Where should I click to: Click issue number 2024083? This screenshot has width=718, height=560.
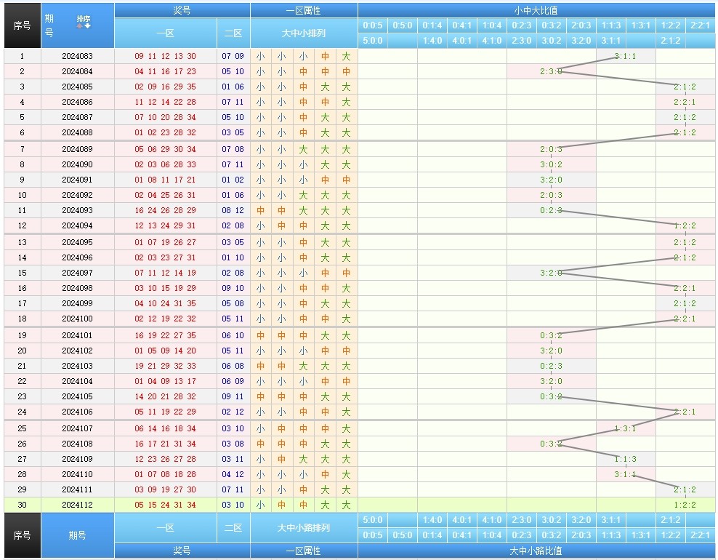coord(77,56)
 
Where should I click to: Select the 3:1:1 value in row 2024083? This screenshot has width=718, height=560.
coord(625,56)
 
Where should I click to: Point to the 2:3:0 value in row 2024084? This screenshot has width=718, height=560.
coord(551,71)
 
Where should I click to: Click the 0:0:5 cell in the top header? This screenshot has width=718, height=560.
coord(373,25)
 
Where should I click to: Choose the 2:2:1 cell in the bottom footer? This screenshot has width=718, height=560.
coord(700,535)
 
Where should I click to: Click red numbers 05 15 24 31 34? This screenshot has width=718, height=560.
coord(165,505)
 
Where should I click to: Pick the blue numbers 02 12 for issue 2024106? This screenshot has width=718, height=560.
coord(233,412)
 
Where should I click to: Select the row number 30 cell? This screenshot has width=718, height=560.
coord(22,505)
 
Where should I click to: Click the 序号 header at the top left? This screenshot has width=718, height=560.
coord(22,25)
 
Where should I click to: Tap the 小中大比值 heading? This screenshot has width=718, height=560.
coord(536,10)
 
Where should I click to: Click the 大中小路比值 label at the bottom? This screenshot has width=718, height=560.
coord(536,551)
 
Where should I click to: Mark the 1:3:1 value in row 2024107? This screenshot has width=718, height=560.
coord(625,428)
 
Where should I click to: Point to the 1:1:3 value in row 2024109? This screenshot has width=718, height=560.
coord(625,459)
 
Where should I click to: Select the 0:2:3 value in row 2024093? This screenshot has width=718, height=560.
coord(551,210)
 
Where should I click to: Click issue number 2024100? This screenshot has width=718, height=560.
coord(77,319)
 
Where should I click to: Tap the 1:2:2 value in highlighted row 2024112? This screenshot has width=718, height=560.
coord(685,505)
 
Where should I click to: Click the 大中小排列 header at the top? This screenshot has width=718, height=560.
coord(304,33)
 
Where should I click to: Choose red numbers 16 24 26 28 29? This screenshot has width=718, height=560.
coord(165,210)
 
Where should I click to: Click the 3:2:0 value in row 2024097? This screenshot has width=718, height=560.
coord(551,273)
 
